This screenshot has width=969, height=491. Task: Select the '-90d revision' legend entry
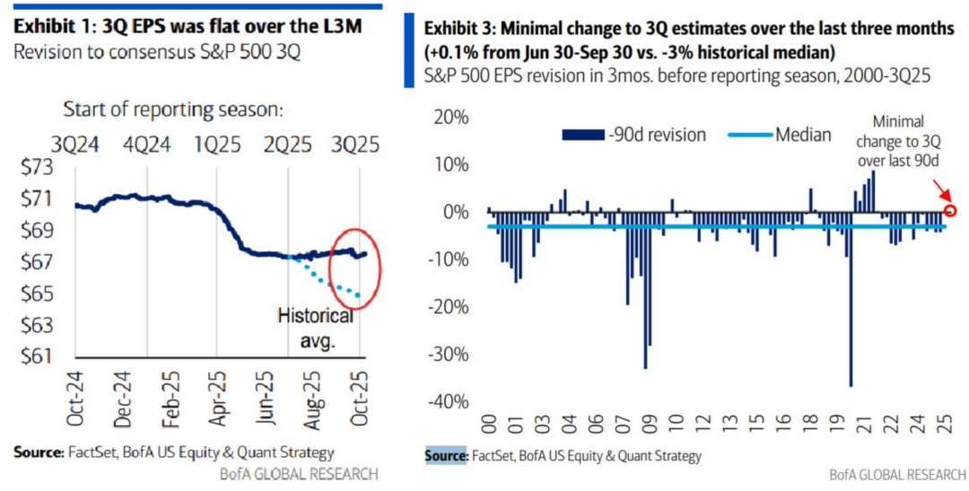coord(633,135)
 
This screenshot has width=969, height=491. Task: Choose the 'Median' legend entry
coord(786,135)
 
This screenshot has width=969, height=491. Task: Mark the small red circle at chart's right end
coord(951,213)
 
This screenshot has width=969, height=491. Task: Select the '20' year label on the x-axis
coord(845,425)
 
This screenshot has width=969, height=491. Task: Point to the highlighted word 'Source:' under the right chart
coord(446,456)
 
